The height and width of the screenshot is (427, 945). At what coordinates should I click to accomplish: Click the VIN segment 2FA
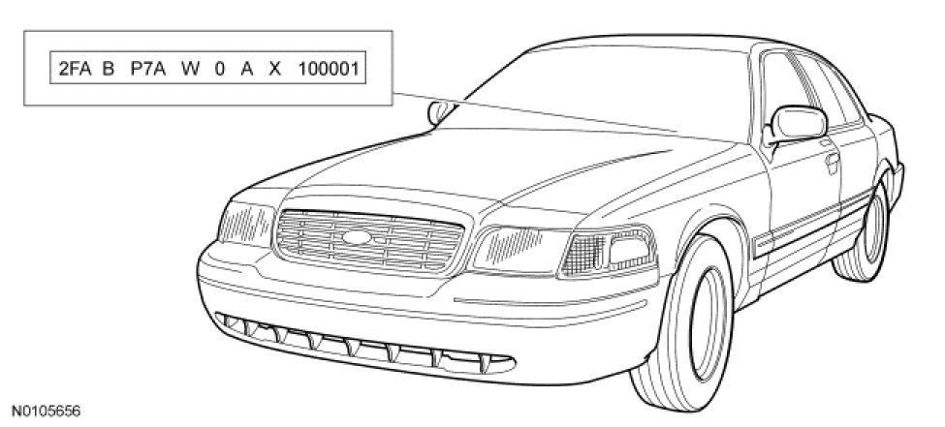pos(75,71)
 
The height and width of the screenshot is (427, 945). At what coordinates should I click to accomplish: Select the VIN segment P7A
pos(146,71)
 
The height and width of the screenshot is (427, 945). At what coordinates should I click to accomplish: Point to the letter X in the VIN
pos(276,71)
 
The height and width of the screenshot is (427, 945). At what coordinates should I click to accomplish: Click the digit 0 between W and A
pos(218,71)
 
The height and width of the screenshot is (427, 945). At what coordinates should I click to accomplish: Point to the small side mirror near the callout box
pos(437,110)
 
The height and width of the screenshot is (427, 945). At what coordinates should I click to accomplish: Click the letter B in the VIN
pos(108,71)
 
